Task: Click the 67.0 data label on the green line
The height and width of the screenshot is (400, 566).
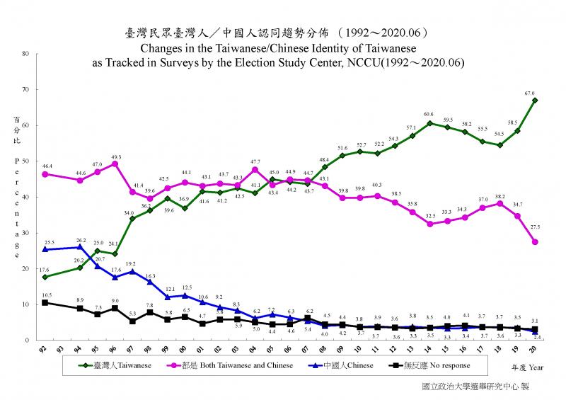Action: [x=530, y=93]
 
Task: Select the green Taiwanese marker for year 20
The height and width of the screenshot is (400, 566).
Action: [x=535, y=100]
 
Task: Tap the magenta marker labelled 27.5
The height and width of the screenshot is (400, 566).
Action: [x=536, y=242]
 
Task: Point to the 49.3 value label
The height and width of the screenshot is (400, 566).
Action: [x=116, y=156]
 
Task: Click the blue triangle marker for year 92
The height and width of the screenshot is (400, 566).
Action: [x=45, y=249]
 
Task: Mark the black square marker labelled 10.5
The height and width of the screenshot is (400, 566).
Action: [x=45, y=302]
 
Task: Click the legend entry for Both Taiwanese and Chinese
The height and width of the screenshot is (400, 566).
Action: [x=233, y=366]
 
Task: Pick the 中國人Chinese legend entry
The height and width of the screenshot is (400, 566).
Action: [x=346, y=366]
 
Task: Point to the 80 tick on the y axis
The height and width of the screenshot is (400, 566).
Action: [x=25, y=53]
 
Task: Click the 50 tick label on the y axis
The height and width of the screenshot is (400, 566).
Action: [x=25, y=161]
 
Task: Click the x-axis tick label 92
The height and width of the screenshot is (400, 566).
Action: [x=45, y=350]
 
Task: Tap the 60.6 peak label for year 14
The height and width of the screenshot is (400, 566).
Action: [x=429, y=114]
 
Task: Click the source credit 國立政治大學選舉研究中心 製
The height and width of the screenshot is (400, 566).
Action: [x=474, y=387]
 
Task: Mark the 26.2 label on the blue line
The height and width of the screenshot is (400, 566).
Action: [x=81, y=240]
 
